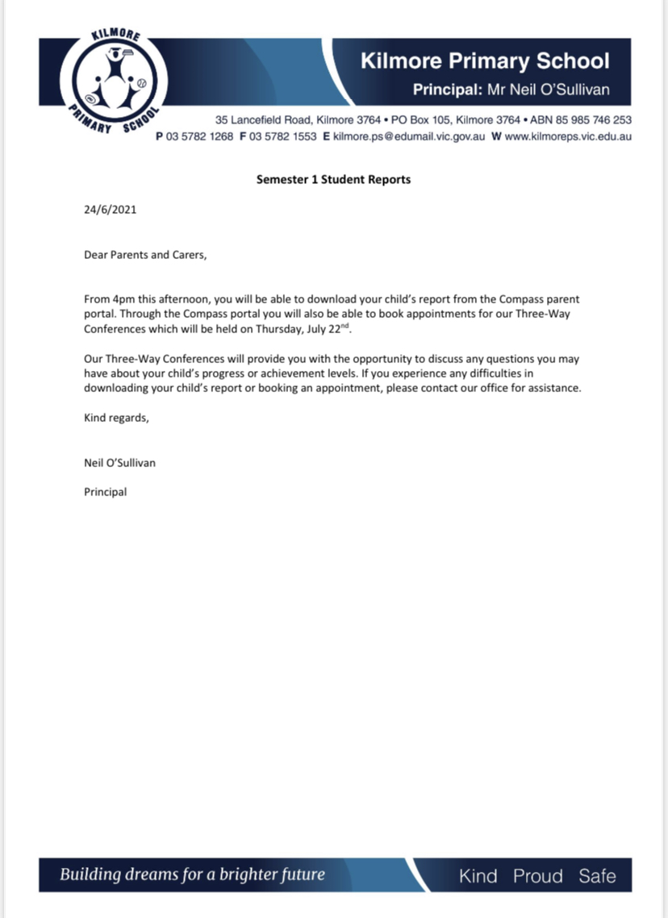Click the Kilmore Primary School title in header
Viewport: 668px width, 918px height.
(x=484, y=61)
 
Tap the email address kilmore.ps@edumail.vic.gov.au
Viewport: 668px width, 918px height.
(x=409, y=136)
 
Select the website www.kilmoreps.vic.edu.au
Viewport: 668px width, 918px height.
(x=568, y=136)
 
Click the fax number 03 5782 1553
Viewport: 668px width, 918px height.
(x=283, y=136)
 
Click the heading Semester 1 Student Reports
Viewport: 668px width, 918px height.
(x=333, y=179)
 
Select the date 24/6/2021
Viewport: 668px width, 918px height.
(x=111, y=210)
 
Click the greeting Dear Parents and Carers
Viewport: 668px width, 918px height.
(x=145, y=255)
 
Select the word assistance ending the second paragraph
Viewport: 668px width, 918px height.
(x=553, y=387)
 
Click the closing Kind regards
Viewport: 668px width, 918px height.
(x=116, y=418)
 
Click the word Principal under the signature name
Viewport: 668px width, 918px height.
(x=105, y=491)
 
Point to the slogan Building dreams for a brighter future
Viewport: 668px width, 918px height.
(x=192, y=874)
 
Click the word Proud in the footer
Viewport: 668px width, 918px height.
(x=537, y=876)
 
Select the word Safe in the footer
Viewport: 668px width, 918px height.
(x=597, y=876)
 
